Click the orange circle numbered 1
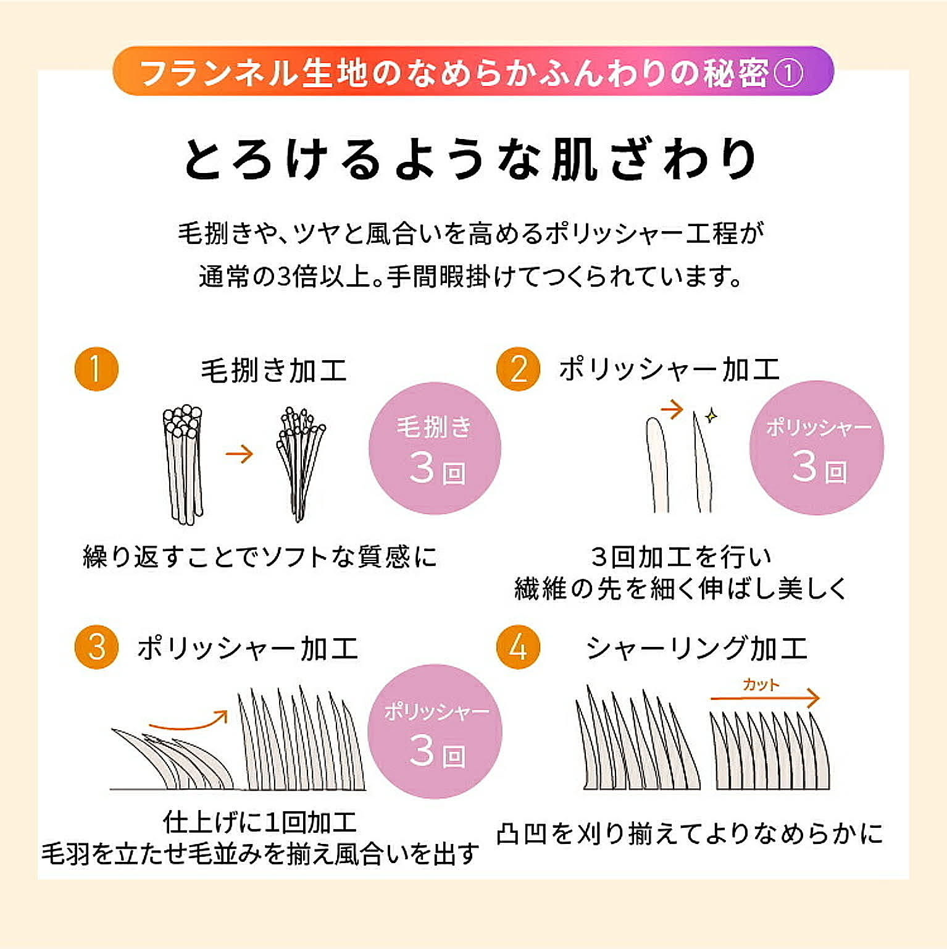coord(96,369)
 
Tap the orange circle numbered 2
coord(518,369)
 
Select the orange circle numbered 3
coord(96,647)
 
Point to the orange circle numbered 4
coord(518,647)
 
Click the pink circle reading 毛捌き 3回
coord(435,449)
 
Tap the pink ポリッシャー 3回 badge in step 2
coord(816,449)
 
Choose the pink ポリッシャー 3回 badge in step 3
coord(435,732)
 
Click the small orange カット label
coord(761,684)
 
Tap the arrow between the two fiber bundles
coord(240,454)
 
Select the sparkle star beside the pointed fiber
coord(711,415)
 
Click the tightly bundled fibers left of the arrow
coord(183,463)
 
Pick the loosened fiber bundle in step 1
coord(300,463)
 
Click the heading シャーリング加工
coord(696,648)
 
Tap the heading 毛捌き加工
coord(273,371)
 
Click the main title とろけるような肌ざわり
coord(472,159)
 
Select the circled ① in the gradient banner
coord(788,73)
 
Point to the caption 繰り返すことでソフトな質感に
coord(260,557)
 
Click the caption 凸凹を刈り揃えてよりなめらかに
coord(690,833)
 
